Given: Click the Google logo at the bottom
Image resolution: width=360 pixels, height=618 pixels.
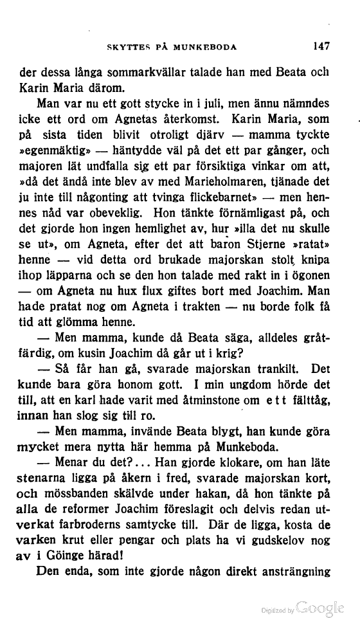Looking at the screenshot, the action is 319,606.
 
